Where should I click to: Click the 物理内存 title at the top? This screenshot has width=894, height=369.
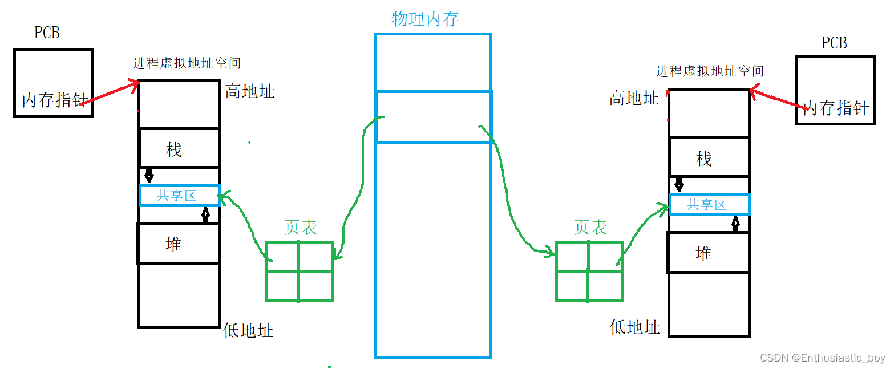pos(425,19)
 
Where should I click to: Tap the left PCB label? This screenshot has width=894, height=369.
pos(47,33)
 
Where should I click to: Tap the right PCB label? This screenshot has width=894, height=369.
pos(834,43)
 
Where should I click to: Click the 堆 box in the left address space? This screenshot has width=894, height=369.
pos(178,244)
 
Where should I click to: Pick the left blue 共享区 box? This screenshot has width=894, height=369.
pos(179,196)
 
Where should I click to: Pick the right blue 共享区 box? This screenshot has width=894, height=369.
pos(709,204)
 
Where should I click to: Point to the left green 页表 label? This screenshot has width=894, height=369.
pos(300,228)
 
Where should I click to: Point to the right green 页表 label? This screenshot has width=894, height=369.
pos(590,228)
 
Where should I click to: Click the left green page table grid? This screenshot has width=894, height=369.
pos(300,271)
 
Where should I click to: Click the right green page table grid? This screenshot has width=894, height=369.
pos(589,271)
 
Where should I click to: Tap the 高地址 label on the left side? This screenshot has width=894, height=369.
pos(249,91)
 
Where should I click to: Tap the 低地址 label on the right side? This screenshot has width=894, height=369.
pos(634,327)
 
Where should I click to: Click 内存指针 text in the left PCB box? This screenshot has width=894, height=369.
pos(54,100)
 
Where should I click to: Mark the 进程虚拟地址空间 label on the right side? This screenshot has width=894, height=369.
pos(709,71)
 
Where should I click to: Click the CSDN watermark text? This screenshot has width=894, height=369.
pos(822,358)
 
